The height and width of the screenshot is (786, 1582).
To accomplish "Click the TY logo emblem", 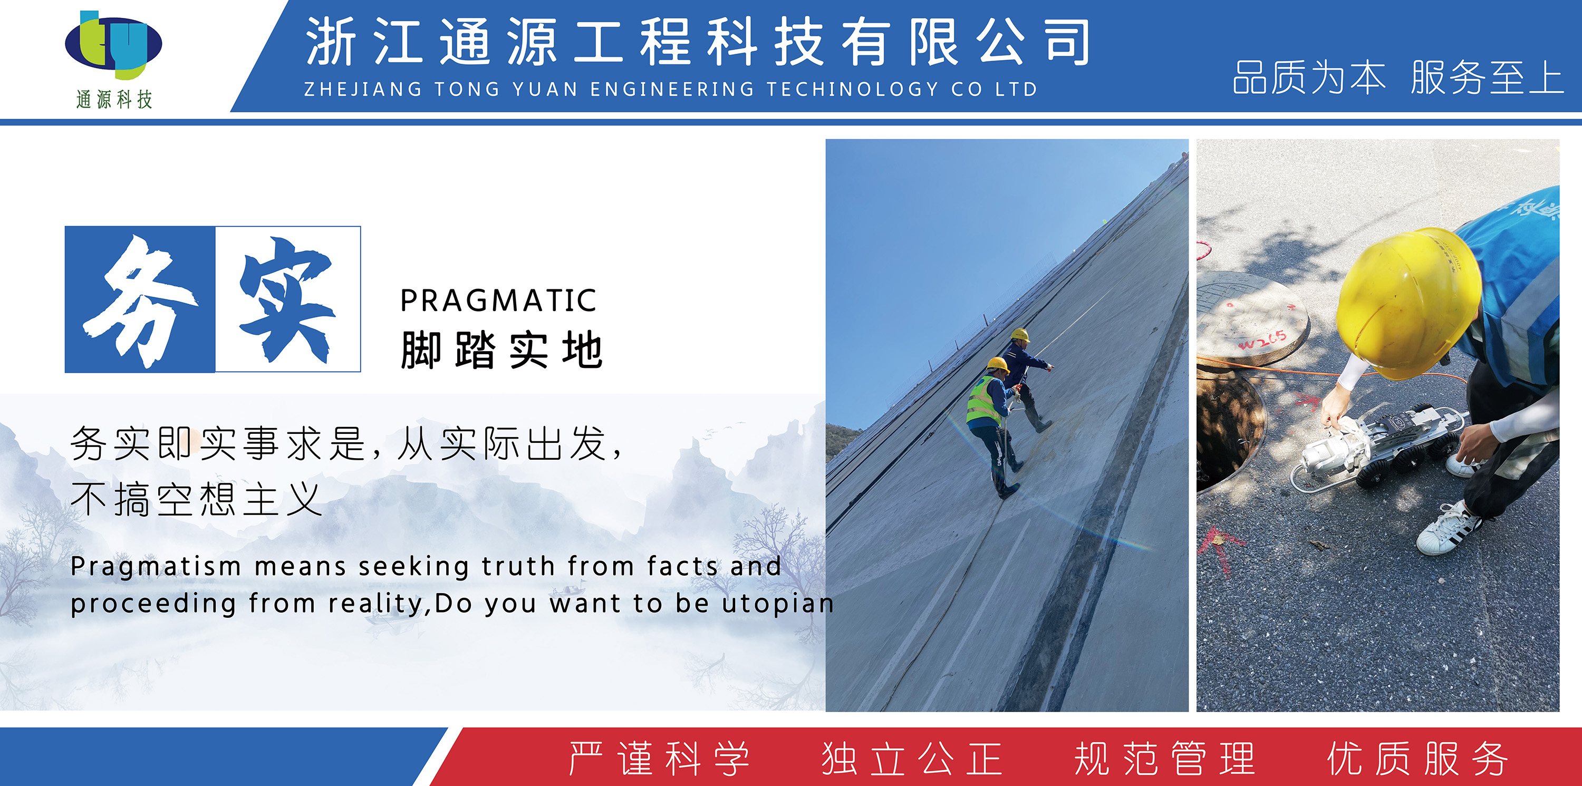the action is pyautogui.click(x=113, y=44).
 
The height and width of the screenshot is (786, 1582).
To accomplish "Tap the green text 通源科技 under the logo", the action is pyautogui.click(x=114, y=99).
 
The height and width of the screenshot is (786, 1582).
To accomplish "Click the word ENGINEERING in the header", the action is pyautogui.click(x=672, y=89).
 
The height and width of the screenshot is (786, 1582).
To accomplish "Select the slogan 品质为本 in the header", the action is pyautogui.click(x=1309, y=77).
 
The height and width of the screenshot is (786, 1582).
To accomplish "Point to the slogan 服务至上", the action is pyautogui.click(x=1487, y=77).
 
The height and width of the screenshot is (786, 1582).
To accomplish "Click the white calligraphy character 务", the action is pyautogui.click(x=141, y=301).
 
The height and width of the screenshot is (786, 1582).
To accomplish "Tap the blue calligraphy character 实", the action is pyautogui.click(x=287, y=299).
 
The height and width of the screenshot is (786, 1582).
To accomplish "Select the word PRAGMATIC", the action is pyautogui.click(x=498, y=301).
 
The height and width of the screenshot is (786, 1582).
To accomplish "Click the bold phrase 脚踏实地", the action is pyautogui.click(x=501, y=350).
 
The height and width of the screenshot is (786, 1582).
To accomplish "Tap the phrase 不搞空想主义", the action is pyautogui.click(x=197, y=499).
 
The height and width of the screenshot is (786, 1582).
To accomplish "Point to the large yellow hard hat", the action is pyautogui.click(x=1406, y=301).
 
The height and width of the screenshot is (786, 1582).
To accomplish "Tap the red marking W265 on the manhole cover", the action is pyautogui.click(x=1262, y=339).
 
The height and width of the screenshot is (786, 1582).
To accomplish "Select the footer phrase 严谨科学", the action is pyautogui.click(x=659, y=759).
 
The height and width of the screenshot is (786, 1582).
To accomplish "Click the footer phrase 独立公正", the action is pyautogui.click(x=912, y=759).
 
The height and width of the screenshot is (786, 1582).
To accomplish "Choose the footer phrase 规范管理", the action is pyautogui.click(x=1164, y=759).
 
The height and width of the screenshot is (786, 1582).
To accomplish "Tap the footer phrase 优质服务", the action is pyautogui.click(x=1417, y=759).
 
